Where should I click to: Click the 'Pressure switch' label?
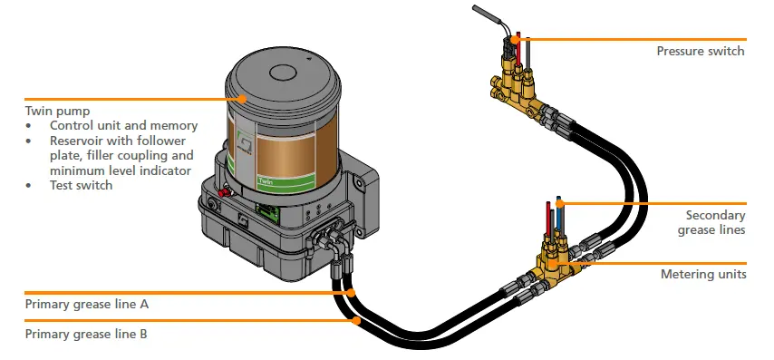tap(700, 52)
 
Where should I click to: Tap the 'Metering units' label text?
tap(703, 274)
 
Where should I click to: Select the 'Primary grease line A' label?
tap(87, 305)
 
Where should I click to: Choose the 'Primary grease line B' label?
tap(87, 334)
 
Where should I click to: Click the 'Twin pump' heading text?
tap(56, 110)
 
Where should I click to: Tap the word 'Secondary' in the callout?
tap(715, 216)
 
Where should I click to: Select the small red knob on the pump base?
tap(222, 191)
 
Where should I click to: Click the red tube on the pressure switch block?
tap(518, 50)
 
